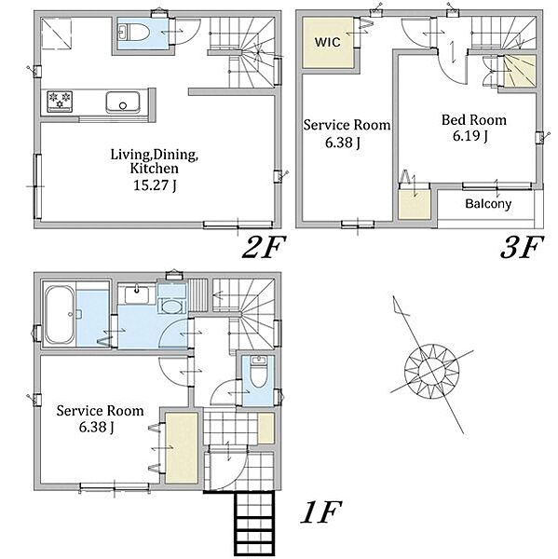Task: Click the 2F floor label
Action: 264,247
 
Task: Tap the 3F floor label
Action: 522,247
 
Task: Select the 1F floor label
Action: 320,511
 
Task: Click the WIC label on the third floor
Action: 327,42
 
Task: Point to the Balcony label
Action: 488,204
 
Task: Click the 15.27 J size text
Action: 155,185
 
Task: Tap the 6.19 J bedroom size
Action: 470,136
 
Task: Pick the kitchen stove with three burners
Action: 60,101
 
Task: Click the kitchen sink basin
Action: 123,102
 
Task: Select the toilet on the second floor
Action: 132,33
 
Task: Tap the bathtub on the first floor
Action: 60,315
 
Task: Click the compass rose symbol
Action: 431,371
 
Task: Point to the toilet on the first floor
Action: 258,372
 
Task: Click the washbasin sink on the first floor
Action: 136,294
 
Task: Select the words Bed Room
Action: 474,120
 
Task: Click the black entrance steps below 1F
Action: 254,524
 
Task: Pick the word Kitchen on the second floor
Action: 154,169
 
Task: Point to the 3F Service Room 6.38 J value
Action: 342,143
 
